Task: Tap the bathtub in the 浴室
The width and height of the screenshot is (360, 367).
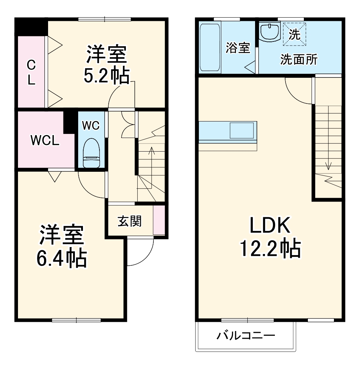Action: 210,47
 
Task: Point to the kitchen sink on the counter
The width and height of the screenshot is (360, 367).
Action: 241,131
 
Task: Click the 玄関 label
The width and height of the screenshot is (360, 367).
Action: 129,221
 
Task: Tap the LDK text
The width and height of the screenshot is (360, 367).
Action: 270,225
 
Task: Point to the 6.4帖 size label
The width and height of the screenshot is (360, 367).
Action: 61,258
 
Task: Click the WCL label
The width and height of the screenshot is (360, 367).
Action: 45,140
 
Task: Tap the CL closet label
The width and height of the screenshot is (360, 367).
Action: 32,73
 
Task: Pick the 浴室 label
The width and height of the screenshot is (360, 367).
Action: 237,48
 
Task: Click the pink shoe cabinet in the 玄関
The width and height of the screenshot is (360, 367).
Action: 159,220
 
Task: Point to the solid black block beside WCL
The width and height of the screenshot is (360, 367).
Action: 69,121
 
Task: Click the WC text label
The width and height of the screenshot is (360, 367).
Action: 91,126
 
